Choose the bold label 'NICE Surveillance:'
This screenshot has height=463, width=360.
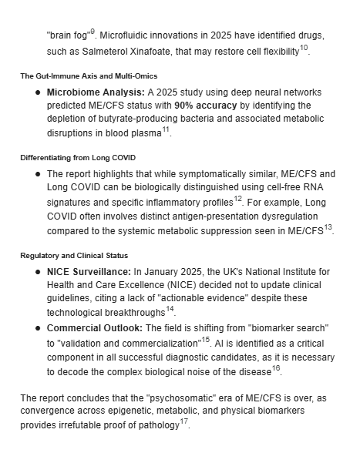click(x=89, y=271)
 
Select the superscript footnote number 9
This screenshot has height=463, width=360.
click(x=93, y=32)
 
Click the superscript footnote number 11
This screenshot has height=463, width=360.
click(x=166, y=129)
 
